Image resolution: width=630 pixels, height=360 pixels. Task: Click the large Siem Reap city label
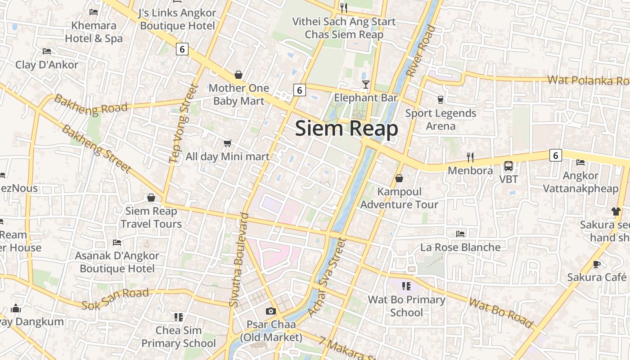click(346, 129)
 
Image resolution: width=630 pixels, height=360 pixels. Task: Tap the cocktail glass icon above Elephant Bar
click(366, 84)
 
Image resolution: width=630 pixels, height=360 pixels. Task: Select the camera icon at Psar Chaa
click(270, 311)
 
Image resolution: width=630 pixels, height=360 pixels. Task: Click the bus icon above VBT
click(508, 166)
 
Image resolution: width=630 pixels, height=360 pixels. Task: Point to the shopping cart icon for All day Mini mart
click(228, 143)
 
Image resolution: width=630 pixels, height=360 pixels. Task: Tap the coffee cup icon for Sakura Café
click(597, 264)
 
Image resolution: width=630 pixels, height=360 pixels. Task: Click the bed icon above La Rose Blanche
click(460, 234)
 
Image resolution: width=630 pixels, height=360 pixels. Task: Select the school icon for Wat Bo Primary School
click(406, 286)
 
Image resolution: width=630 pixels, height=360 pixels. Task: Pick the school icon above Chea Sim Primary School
click(179, 317)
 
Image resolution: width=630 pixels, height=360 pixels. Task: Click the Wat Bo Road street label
click(500, 312)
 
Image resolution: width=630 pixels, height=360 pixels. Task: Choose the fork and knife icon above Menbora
click(470, 157)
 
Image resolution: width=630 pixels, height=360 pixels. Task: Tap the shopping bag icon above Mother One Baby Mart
click(238, 75)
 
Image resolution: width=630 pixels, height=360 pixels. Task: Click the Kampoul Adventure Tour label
click(399, 198)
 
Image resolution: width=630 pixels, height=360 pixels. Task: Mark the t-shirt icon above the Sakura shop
click(616, 211)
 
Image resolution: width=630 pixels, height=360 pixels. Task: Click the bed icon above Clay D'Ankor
click(47, 51)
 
